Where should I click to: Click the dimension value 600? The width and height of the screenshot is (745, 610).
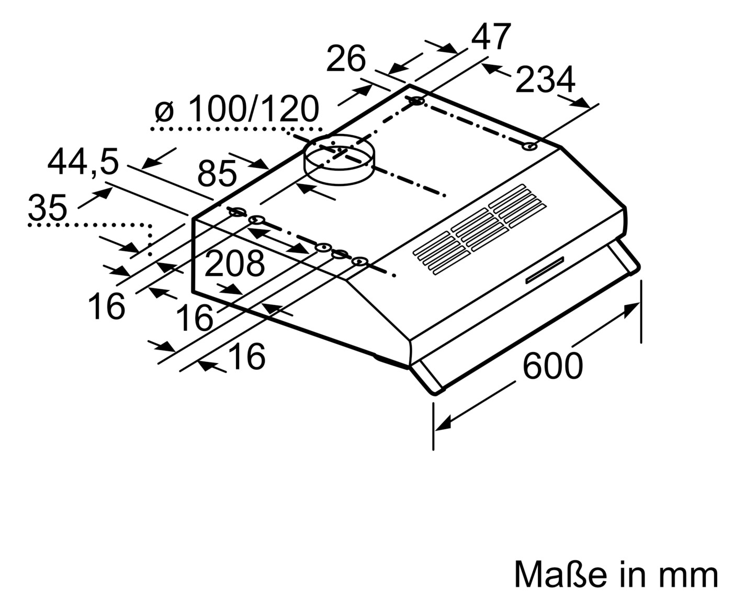(x=552, y=366)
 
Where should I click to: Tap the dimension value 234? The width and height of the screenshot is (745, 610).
(x=546, y=80)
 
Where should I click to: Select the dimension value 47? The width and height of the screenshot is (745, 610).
(x=491, y=37)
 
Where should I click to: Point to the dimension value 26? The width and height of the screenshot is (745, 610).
(x=346, y=58)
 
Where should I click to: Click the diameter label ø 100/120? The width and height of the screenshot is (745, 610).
(x=237, y=108)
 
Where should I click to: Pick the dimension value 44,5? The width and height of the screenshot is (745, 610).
(x=83, y=162)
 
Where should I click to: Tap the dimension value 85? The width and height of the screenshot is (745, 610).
(x=217, y=174)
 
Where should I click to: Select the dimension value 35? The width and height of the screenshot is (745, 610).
(x=47, y=207)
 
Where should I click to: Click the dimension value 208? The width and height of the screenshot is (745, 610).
(x=234, y=264)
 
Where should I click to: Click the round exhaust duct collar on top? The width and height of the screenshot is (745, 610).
(x=338, y=160)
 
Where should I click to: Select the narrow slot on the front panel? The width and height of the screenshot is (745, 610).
(x=545, y=270)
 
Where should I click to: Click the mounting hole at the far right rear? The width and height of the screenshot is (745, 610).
(x=530, y=146)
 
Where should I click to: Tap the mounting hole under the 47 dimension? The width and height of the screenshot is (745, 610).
(x=417, y=101)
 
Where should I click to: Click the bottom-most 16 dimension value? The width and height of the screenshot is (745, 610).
(x=247, y=356)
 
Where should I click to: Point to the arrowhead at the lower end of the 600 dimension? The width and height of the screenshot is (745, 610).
(x=443, y=423)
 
